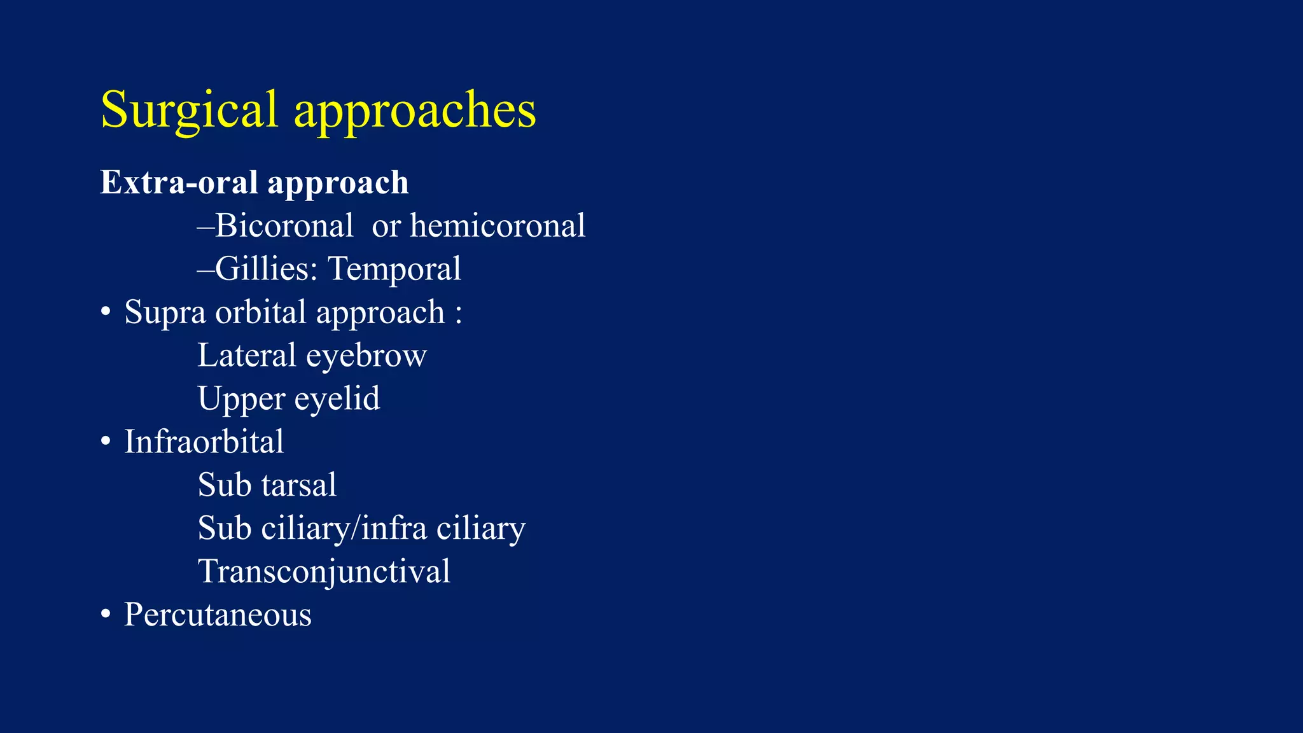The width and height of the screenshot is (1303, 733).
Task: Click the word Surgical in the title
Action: point(189,111)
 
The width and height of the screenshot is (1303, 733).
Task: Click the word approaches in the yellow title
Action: point(415,111)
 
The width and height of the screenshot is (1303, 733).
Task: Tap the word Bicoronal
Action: point(284,226)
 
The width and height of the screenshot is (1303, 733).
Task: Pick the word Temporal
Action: point(394,269)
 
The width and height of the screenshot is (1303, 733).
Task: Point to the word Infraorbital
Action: point(204,442)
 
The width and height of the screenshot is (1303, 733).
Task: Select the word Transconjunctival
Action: point(324,571)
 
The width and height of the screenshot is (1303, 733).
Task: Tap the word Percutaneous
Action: point(218,615)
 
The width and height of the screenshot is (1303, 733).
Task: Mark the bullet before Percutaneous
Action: point(106,615)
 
